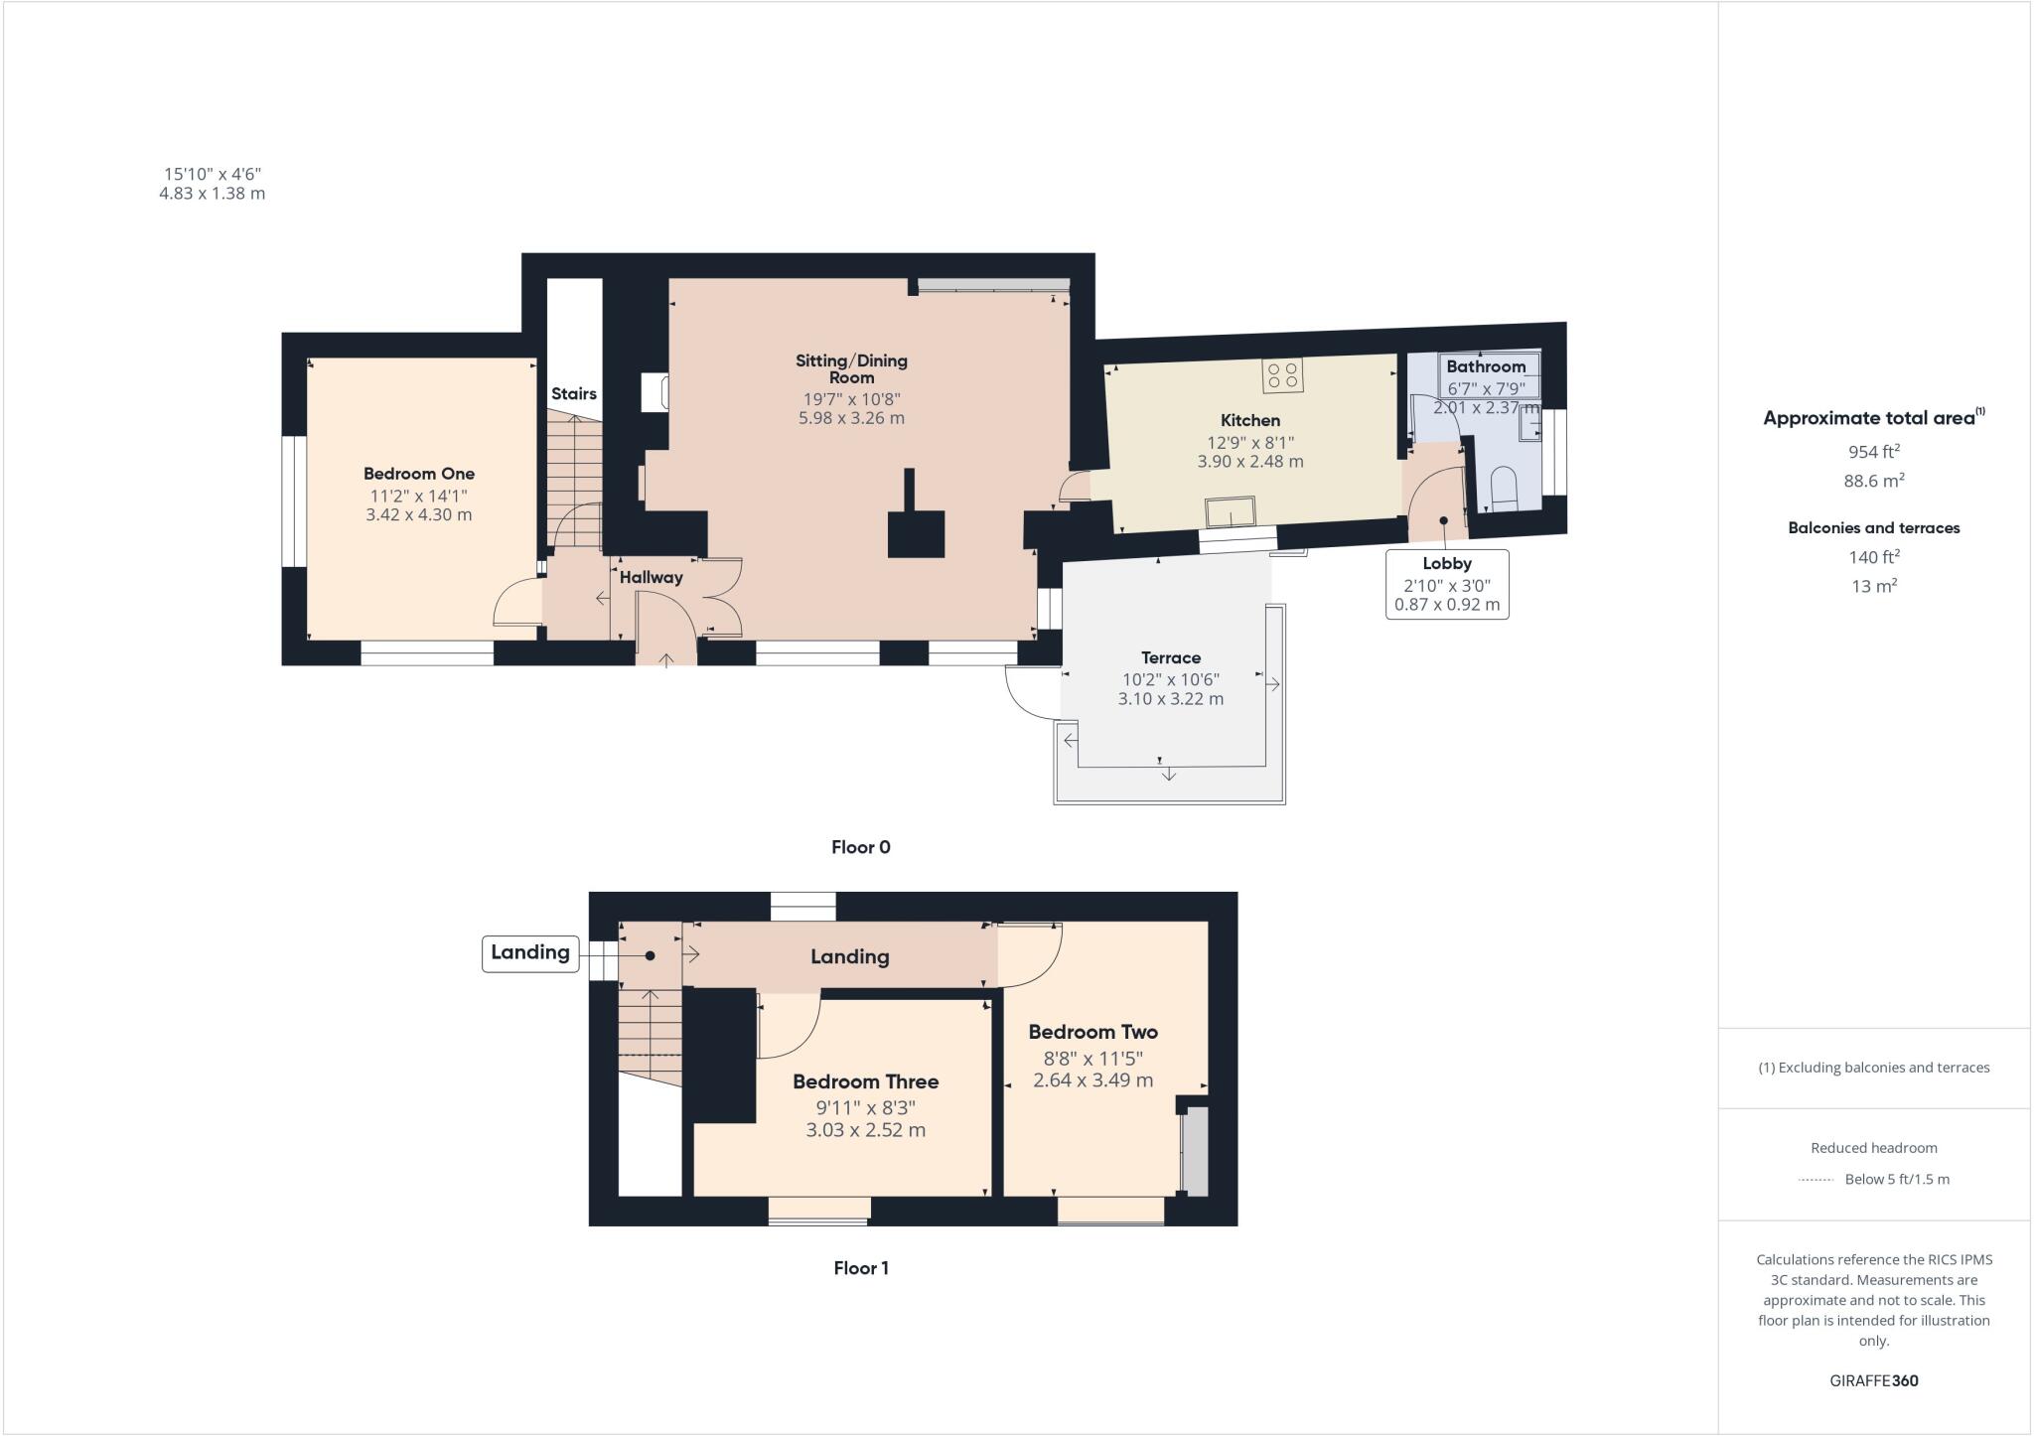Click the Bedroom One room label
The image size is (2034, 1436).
(418, 474)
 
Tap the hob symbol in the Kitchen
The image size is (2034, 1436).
(1282, 375)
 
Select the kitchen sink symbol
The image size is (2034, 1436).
(1230, 512)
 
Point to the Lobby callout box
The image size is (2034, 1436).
(1447, 584)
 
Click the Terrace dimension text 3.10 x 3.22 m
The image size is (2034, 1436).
(1170, 699)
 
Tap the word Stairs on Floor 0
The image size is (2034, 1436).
(574, 393)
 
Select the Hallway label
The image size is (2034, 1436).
(652, 577)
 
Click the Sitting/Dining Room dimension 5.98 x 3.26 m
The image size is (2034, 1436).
(851, 418)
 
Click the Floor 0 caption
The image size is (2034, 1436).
(860, 847)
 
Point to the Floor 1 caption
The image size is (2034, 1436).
(860, 1268)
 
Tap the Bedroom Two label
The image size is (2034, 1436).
(1092, 1032)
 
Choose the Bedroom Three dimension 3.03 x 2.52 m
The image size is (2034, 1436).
(865, 1130)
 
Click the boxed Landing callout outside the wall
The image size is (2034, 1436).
(530, 952)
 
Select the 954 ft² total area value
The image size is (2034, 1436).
(1873, 452)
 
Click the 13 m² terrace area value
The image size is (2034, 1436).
(1873, 586)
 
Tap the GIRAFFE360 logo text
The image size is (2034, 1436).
(1873, 1380)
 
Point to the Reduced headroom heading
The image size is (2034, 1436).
(1873, 1148)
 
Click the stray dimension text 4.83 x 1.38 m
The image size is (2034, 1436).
(212, 194)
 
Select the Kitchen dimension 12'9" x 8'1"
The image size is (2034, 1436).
(1249, 442)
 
